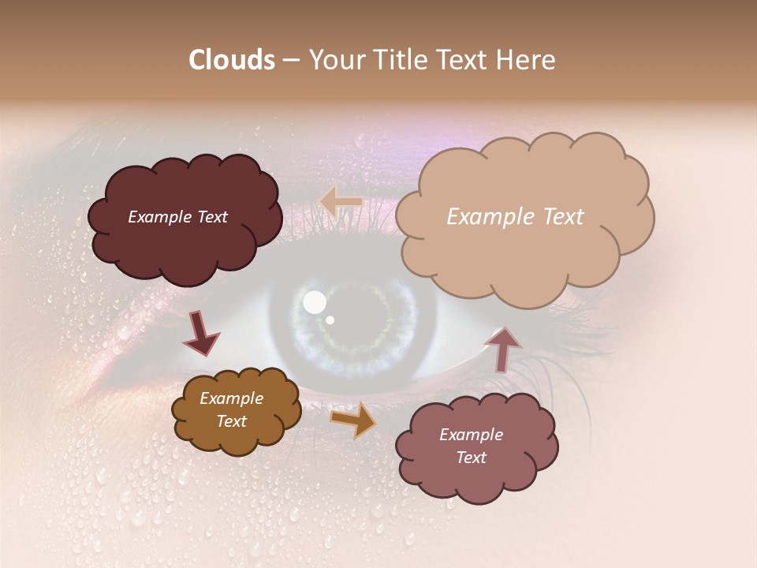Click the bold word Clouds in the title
[232, 60]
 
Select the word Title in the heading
[399, 60]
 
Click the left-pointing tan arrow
[341, 202]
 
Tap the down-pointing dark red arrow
[202, 334]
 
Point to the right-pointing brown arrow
[352, 419]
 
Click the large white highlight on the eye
[315, 301]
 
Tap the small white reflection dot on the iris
[330, 319]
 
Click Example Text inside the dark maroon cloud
[177, 217]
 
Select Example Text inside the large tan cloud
[515, 217]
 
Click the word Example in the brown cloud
[231, 399]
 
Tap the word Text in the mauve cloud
[471, 458]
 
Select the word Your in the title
[336, 60]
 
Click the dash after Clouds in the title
[290, 61]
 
